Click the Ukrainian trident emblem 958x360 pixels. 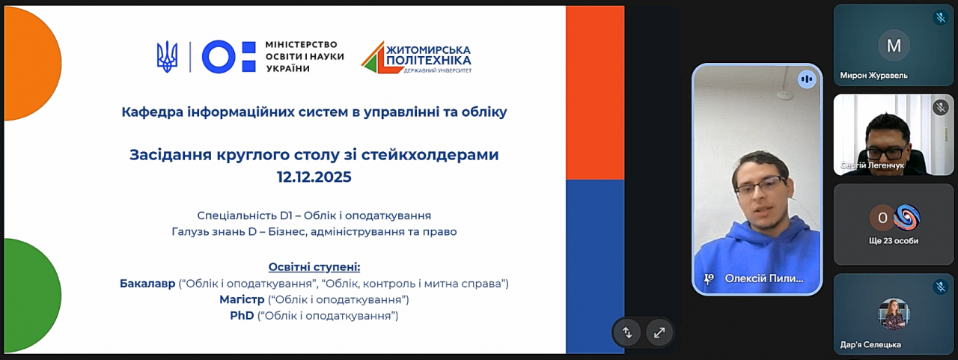pos(167,57)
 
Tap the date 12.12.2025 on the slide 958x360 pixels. pos(314,177)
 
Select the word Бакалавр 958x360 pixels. pos(147,284)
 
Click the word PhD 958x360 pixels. pos(242,316)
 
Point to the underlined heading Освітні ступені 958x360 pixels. pos(314,267)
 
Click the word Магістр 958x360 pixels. pos(242,299)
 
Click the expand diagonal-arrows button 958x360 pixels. pos(659,332)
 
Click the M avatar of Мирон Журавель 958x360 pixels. pos(894,46)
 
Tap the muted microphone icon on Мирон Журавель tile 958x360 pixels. pos(941,17)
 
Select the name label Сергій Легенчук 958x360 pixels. pos(873,165)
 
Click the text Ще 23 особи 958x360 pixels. pos(894,241)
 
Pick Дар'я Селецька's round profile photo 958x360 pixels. pos(894,314)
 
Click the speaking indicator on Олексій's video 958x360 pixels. pos(807,79)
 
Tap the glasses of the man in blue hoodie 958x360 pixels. pos(761,186)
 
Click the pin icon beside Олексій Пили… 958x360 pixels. pos(709,278)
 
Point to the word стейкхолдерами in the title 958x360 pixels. pos(430,154)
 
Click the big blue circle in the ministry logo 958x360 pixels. pos(219,57)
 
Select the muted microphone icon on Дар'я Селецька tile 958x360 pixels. pos(941,287)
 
